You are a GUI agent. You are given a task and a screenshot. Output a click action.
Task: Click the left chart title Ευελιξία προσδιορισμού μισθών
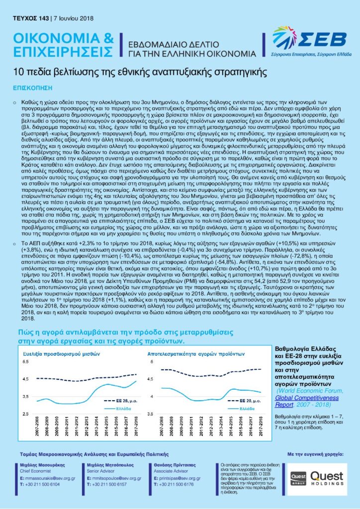click(58, 353)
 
